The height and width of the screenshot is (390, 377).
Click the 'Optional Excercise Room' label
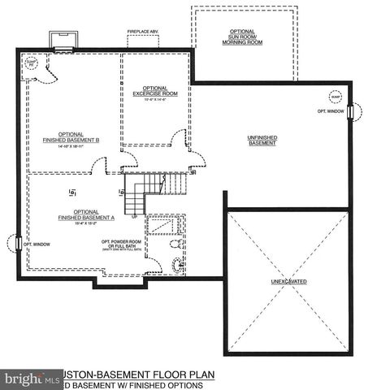[155, 93]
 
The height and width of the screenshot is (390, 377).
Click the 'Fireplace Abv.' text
[144, 34]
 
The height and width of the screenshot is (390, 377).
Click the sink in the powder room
[178, 262]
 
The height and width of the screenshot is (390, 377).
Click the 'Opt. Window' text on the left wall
[37, 242]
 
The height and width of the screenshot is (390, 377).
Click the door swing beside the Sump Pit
[47, 73]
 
